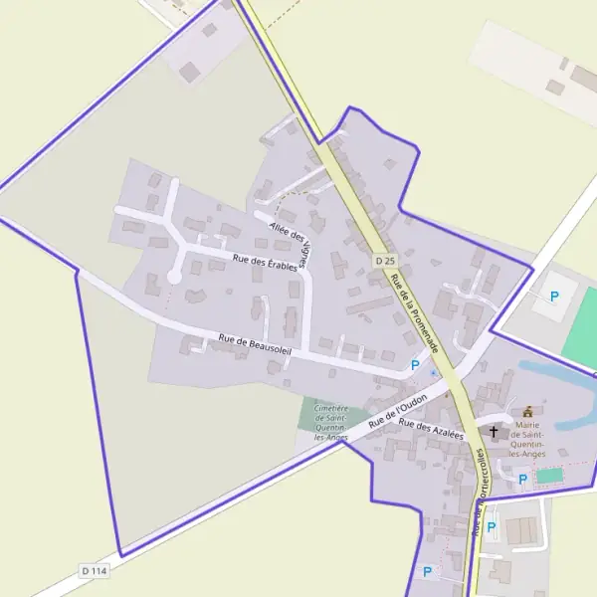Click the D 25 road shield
tap(385, 260)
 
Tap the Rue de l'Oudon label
tap(397, 410)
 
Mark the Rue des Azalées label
tap(431, 430)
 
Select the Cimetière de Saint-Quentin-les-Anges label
tap(329, 422)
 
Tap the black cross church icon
tap(495, 432)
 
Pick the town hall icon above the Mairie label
tap(527, 412)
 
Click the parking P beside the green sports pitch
tap(554, 296)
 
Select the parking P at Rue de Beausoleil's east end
tap(415, 365)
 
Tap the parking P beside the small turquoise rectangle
tap(522, 479)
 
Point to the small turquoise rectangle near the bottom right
tap(548, 477)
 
